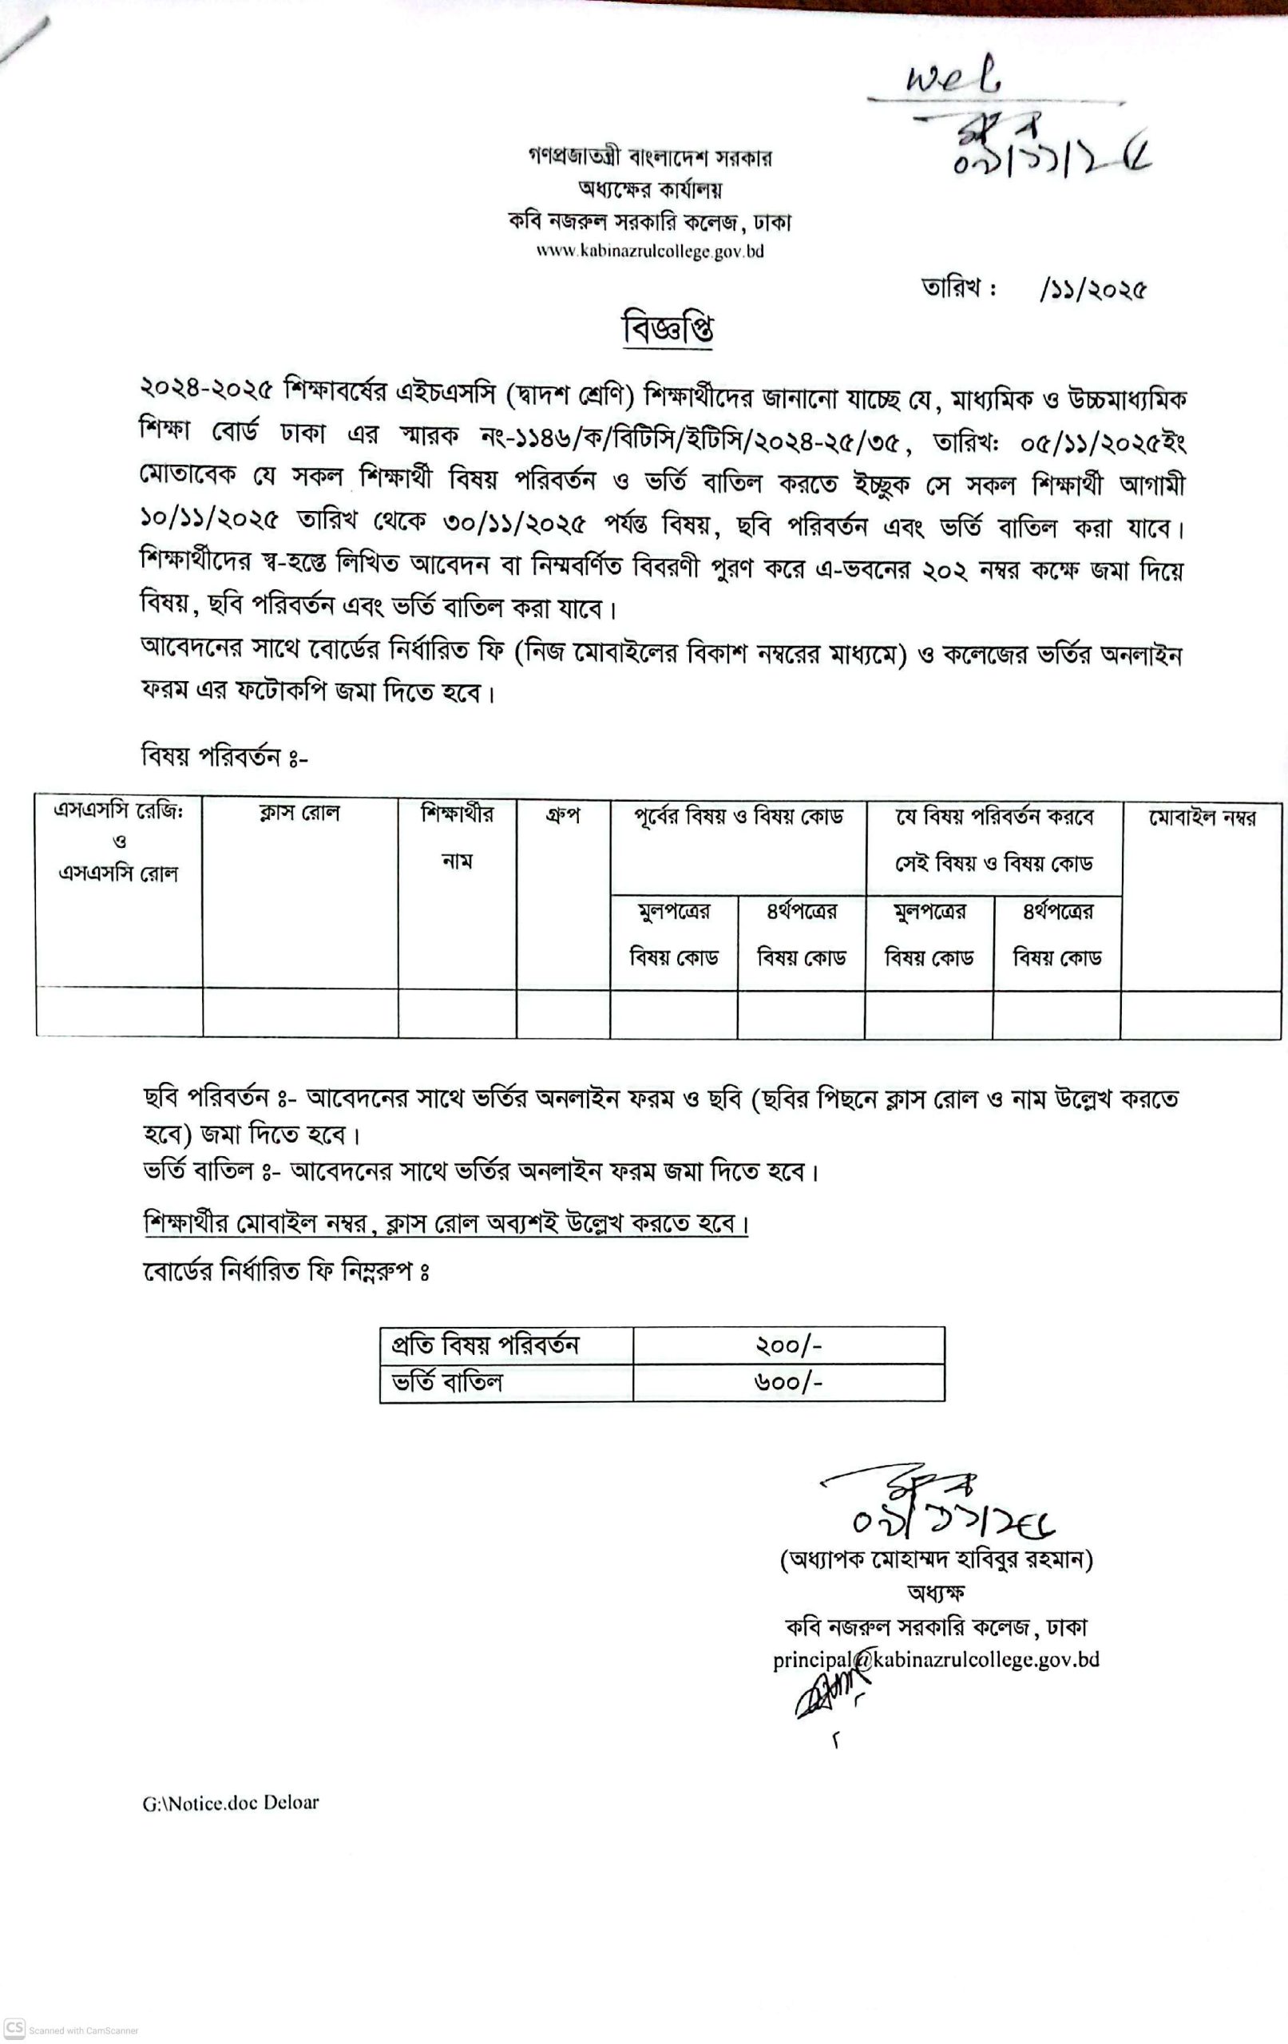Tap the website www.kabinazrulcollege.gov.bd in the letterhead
(x=649, y=252)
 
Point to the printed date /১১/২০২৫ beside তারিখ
(x=1092, y=291)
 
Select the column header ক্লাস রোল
(x=299, y=813)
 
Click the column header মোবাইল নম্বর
(x=1202, y=818)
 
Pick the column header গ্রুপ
(x=562, y=816)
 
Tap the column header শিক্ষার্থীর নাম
(x=457, y=837)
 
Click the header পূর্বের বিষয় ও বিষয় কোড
(x=738, y=817)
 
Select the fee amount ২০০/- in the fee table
(x=788, y=1345)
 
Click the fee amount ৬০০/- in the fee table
(x=788, y=1383)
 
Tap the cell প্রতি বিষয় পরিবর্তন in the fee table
(x=485, y=1345)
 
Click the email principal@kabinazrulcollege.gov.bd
(x=936, y=1659)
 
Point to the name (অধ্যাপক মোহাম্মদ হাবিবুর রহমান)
(x=936, y=1559)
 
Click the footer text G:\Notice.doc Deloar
(x=231, y=1802)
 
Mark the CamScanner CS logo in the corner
(x=14, y=2026)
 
